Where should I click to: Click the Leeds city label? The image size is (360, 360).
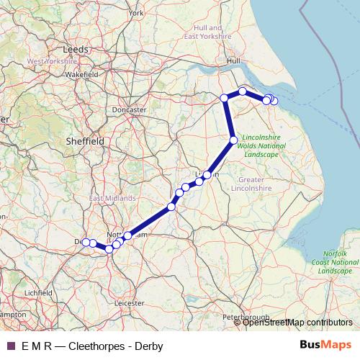(x=76, y=50)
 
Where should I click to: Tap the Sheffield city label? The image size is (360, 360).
(x=86, y=141)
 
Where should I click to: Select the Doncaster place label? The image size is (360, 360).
(x=130, y=109)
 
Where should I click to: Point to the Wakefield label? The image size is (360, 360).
(x=81, y=74)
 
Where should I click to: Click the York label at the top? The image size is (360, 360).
(x=136, y=13)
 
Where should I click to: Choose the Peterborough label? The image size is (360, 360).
(x=246, y=317)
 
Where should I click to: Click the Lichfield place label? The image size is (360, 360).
(x=37, y=293)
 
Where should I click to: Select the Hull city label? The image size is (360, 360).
(x=233, y=62)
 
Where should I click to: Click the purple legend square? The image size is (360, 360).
(x=11, y=346)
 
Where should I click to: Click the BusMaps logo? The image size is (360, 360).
(x=325, y=345)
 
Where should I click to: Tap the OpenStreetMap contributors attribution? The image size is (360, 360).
(x=297, y=323)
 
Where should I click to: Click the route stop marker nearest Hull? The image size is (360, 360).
(x=243, y=91)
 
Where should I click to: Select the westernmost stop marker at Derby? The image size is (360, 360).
(x=86, y=243)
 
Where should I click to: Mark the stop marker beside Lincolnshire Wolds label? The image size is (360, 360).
(x=233, y=140)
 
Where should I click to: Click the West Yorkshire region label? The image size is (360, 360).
(x=52, y=62)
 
